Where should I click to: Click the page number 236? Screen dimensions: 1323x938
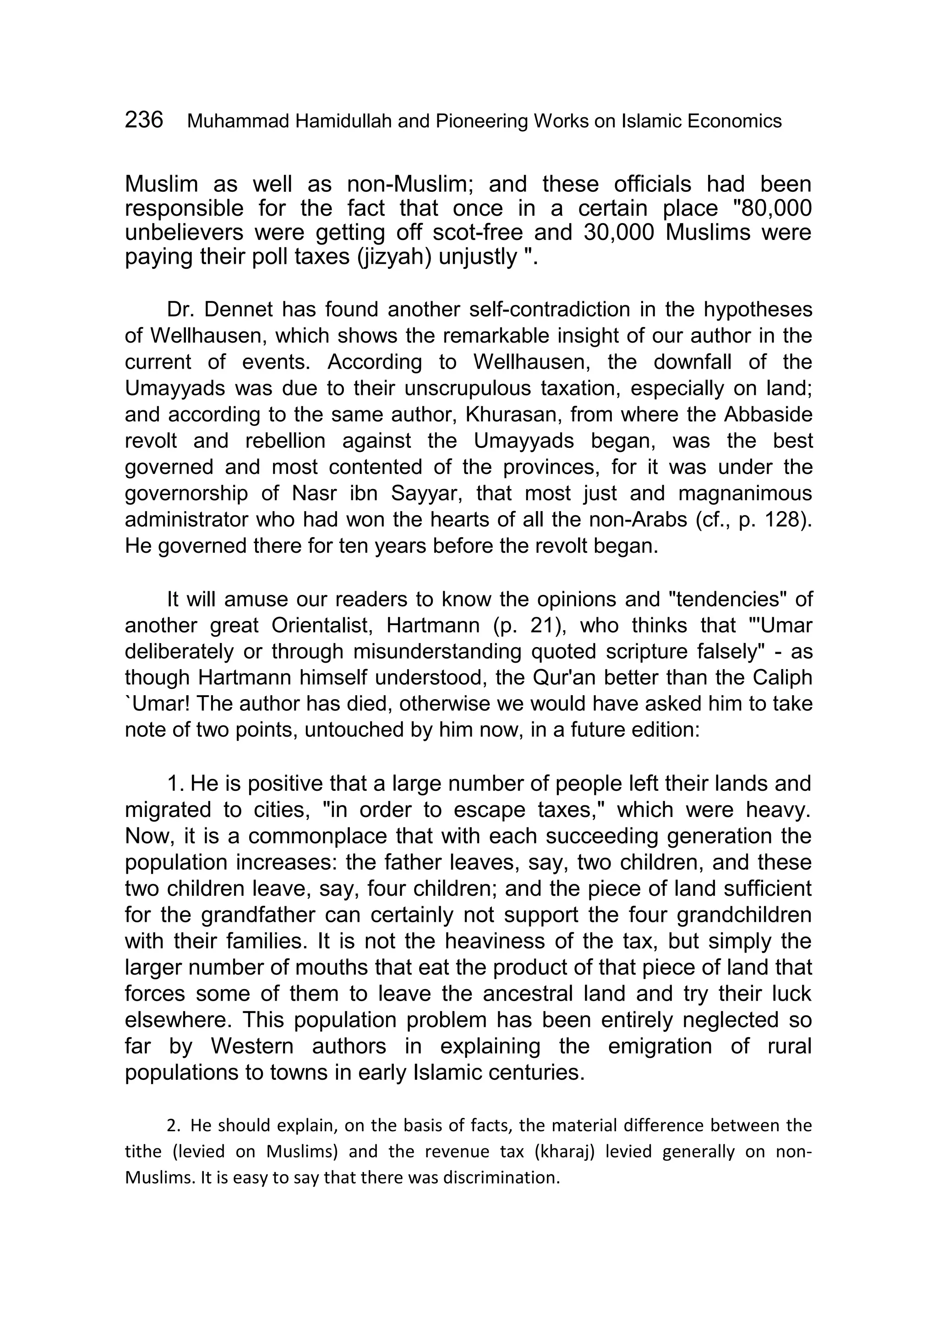tap(144, 120)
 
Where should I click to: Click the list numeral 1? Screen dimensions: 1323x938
tap(173, 784)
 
